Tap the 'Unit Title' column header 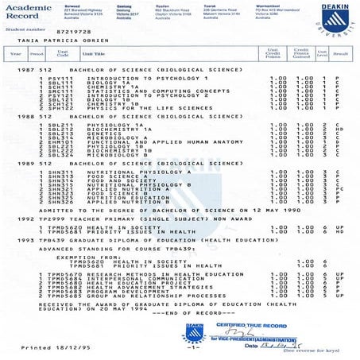pyautogui.click(x=93, y=55)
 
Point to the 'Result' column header pyautogui.click(x=342, y=55)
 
